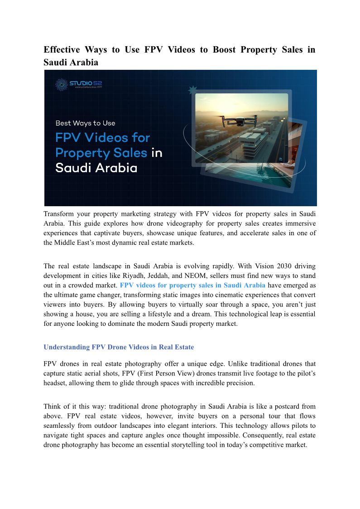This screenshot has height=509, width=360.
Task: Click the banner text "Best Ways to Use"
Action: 85,123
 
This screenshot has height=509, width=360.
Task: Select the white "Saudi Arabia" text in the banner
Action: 96,168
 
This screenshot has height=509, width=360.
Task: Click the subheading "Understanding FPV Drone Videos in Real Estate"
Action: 118,347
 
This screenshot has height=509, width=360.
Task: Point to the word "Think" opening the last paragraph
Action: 53,406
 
